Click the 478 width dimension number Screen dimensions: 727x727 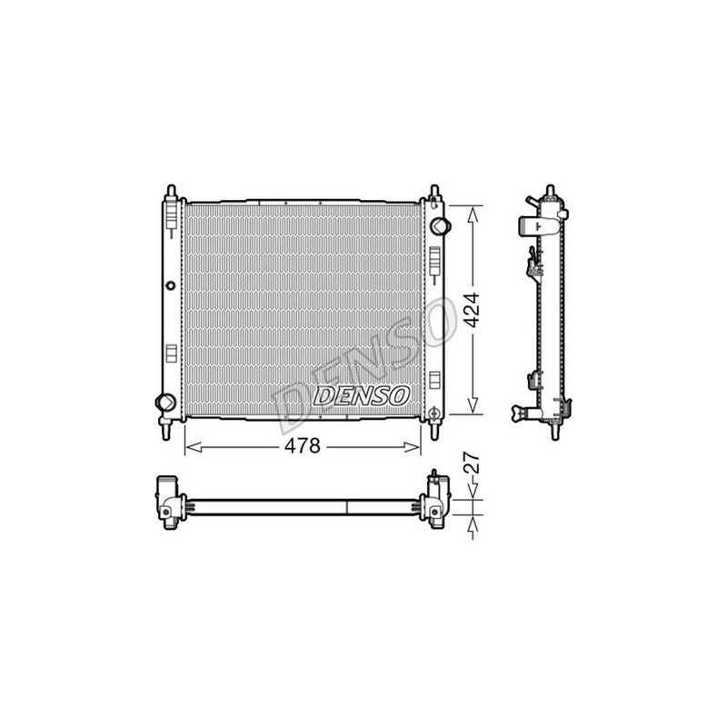point(303,446)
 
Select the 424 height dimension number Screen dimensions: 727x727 point(473,310)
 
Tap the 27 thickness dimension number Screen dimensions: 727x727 point(472,463)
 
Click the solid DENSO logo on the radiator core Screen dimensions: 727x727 point(362,396)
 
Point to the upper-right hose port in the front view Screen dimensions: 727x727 point(440,226)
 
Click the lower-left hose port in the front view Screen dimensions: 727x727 point(165,402)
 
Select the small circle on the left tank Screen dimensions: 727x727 point(171,285)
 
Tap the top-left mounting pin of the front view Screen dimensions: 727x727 point(171,192)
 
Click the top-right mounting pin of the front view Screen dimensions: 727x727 point(434,191)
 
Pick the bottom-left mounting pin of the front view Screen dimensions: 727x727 point(166,431)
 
